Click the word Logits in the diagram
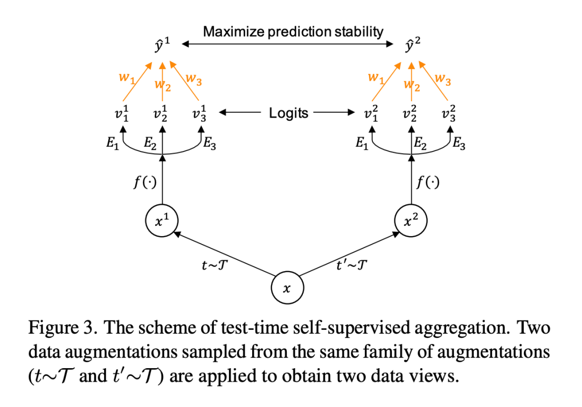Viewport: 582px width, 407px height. [x=289, y=113]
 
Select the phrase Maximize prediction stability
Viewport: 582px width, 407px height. [x=293, y=31]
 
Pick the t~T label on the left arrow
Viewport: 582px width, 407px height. [x=214, y=265]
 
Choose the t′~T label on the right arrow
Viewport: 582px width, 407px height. [x=352, y=265]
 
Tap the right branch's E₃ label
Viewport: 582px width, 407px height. [x=459, y=144]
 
